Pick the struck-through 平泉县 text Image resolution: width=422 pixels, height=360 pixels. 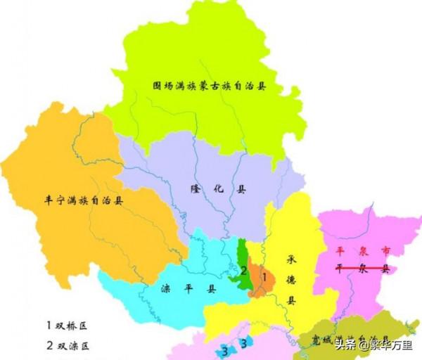[x=363, y=269]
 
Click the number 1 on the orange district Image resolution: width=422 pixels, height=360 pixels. [x=264, y=277]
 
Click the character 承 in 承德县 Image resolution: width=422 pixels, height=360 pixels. [x=290, y=259]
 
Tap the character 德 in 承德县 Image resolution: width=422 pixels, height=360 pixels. [x=290, y=279]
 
